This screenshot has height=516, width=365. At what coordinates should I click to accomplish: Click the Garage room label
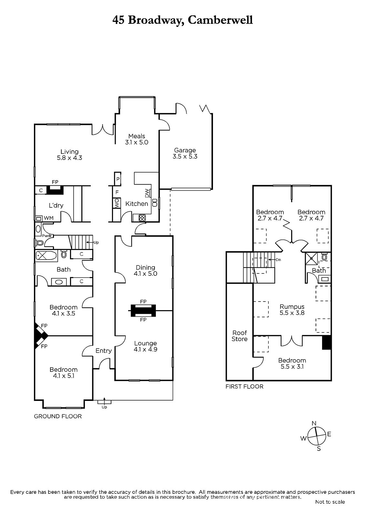(x=185, y=150)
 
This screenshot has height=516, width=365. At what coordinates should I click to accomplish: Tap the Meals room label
(x=137, y=136)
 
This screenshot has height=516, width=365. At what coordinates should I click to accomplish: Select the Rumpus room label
(x=292, y=307)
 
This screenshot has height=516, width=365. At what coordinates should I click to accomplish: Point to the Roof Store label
(x=239, y=336)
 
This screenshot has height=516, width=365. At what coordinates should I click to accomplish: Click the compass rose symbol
(x=317, y=436)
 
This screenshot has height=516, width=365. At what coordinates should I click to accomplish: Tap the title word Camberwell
(x=220, y=20)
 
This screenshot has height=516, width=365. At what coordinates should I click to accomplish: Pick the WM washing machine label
(x=49, y=218)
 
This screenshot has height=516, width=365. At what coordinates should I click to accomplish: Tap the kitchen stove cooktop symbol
(x=142, y=218)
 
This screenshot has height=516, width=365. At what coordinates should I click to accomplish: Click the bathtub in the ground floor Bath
(x=46, y=256)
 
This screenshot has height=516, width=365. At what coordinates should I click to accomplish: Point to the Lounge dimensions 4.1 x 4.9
(x=146, y=349)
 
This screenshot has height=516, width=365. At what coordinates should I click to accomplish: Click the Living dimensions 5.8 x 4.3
(x=69, y=158)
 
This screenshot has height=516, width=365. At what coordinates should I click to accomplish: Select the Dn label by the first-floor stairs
(x=278, y=260)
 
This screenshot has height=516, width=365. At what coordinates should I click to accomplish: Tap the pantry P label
(x=118, y=179)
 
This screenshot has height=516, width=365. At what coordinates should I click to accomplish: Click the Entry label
(x=104, y=351)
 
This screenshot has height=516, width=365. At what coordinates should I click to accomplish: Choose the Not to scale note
(x=330, y=502)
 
